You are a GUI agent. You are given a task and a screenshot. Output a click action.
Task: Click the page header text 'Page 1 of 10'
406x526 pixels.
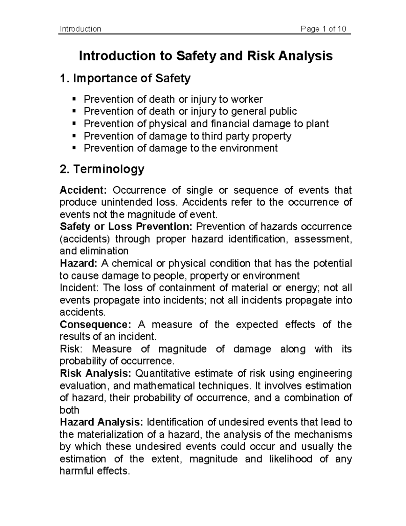coord(323,29)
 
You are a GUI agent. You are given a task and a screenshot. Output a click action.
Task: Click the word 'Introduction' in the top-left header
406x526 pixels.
coord(80,29)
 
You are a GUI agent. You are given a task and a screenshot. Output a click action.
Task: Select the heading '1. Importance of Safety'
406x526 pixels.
coord(125,79)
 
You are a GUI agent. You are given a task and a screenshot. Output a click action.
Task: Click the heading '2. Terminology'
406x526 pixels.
coord(102,169)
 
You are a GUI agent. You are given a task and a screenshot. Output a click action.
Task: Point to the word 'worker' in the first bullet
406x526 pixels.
coord(246,99)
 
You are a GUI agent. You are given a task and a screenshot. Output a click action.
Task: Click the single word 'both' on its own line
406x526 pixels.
coord(69,410)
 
